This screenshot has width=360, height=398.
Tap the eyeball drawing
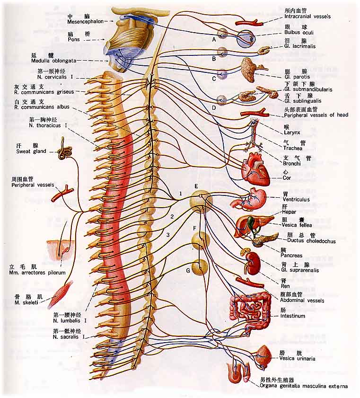pyautogui.click(x=246, y=38)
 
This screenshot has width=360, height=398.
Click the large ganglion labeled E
pyautogui.click(x=201, y=201)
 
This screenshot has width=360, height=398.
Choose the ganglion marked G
pyautogui.click(x=200, y=267)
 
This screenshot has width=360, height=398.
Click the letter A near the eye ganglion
pyautogui.click(x=214, y=40)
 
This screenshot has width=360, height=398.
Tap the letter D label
pyautogui.click(x=214, y=107)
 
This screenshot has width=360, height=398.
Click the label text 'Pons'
pyautogui.click(x=75, y=40)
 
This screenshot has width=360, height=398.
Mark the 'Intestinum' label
pyautogui.click(x=292, y=316)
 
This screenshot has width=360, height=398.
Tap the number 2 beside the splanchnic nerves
pyautogui.click(x=172, y=217)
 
